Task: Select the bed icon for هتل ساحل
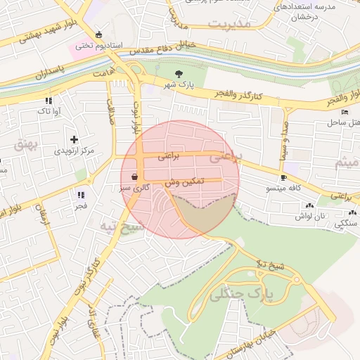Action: [344, 112]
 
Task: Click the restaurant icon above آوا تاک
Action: [48, 101]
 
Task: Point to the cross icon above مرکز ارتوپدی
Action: [74, 139]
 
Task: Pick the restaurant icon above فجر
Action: [81, 195]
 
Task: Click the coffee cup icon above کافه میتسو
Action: [283, 177]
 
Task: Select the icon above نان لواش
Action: [309, 205]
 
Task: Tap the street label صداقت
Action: [110, 110]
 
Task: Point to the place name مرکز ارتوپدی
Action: [74, 151]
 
